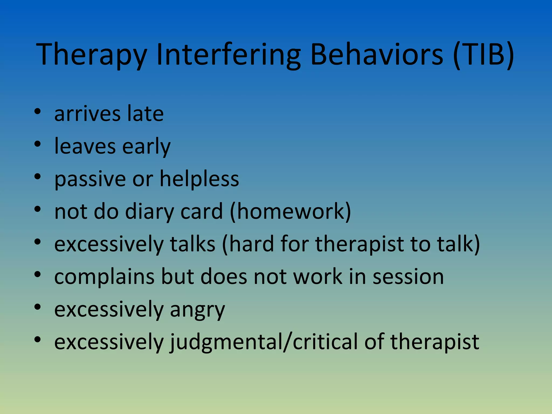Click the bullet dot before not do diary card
point(37,209)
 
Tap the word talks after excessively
point(192,244)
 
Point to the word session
point(408,277)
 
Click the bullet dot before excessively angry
point(37,307)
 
